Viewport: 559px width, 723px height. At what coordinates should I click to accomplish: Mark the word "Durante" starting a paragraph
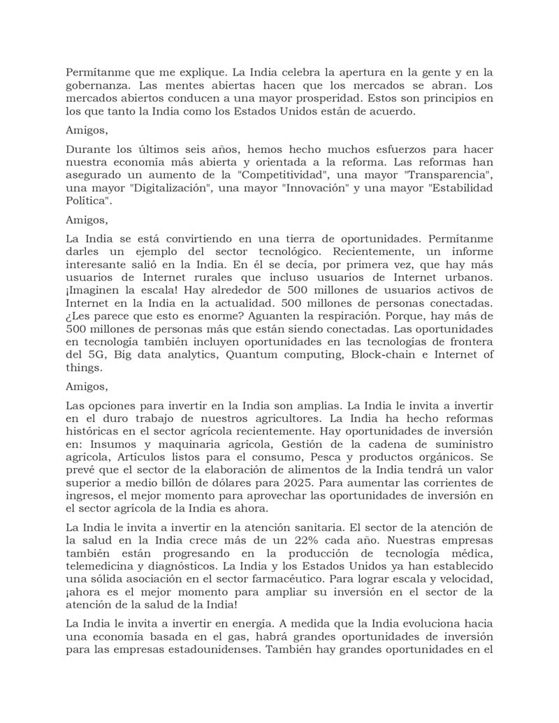[88, 149]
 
